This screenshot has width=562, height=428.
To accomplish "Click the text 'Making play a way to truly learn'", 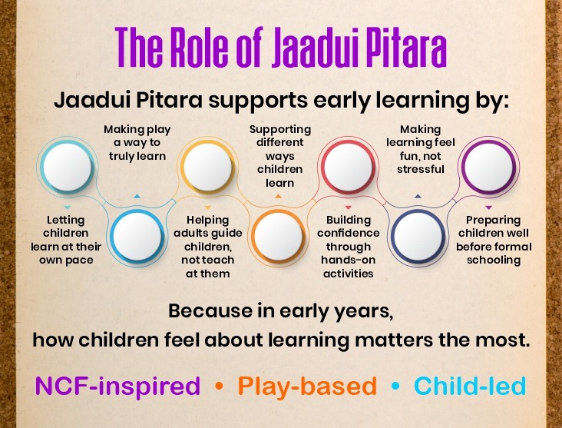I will pyautogui.click(x=135, y=143).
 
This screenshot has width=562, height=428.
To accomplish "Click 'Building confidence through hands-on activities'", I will pyautogui.click(x=348, y=246).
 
